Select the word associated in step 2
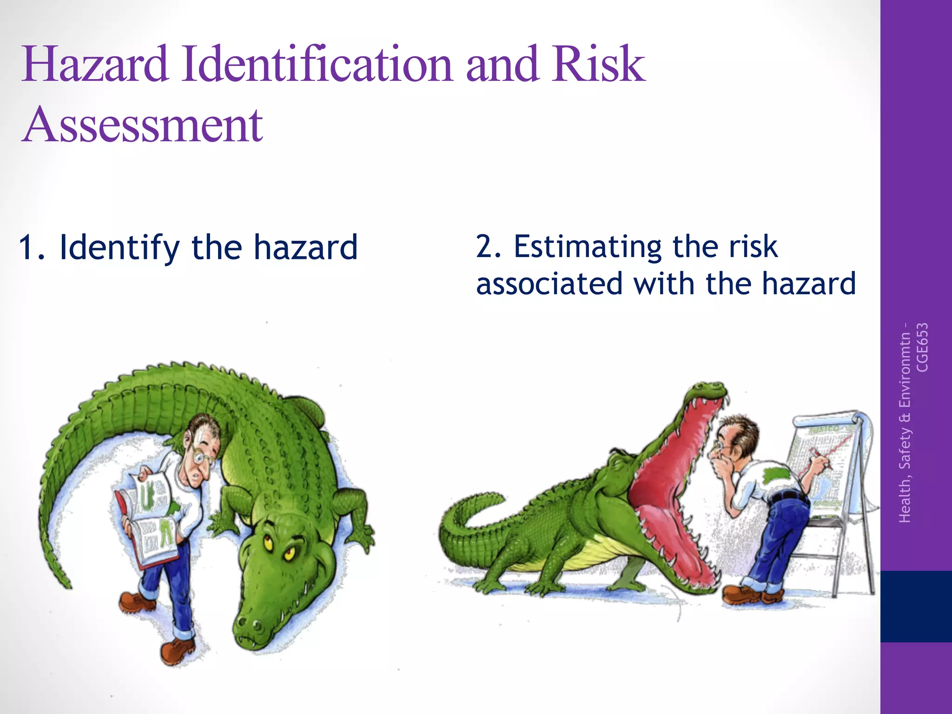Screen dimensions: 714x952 pyautogui.click(x=549, y=284)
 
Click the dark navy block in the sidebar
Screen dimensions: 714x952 pyautogui.click(x=916, y=606)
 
